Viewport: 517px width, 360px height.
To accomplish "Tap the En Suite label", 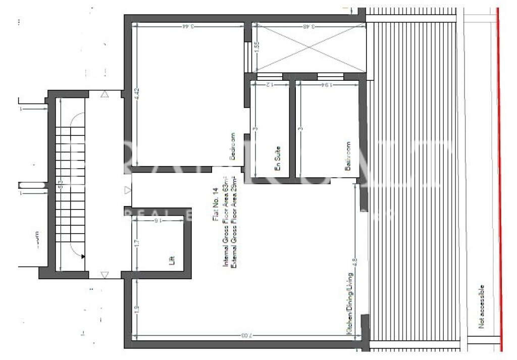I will point(277,159).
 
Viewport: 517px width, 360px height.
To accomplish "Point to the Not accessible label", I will point(482,306).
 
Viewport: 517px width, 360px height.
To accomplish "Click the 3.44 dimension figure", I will point(189,26).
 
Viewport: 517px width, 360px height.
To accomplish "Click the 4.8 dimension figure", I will point(355,263).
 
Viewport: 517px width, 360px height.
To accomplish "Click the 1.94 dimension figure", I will point(327,84).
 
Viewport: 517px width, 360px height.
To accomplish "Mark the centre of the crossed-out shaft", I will point(308,47).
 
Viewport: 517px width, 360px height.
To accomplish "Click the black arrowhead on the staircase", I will point(82,256).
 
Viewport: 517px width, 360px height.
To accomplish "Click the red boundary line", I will point(500,177).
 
